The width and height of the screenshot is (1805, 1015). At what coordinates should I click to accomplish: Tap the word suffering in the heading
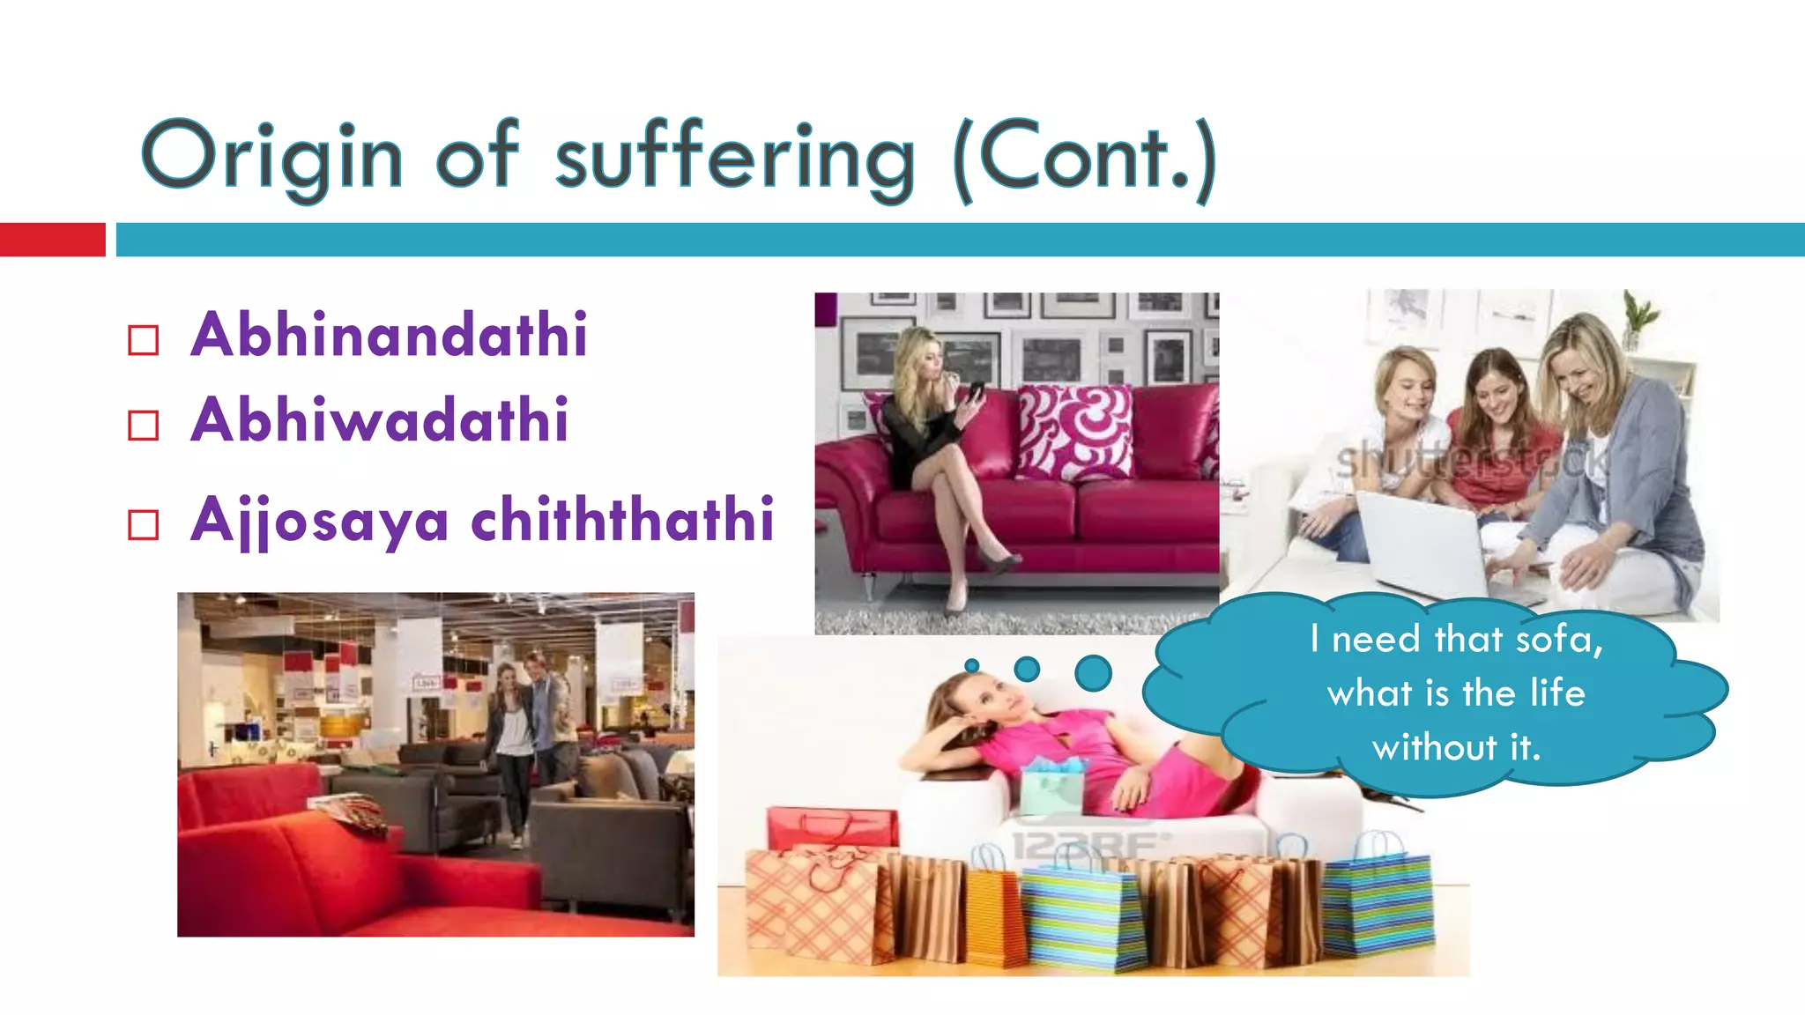tap(735, 159)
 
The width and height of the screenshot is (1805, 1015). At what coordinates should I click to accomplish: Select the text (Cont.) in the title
tap(1086, 159)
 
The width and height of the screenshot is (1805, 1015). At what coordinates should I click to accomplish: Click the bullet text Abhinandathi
tap(389, 336)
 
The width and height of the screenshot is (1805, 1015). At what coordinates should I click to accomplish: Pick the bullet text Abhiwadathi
tap(379, 420)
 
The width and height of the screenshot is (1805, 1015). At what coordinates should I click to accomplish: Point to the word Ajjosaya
tap(320, 521)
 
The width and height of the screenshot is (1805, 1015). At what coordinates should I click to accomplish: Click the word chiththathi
tap(622, 520)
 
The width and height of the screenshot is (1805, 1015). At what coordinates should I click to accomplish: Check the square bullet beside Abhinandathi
tap(143, 340)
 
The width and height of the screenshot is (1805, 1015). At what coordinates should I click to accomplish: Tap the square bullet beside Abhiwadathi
tap(143, 425)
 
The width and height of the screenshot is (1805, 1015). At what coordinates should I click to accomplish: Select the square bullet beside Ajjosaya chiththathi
tap(143, 525)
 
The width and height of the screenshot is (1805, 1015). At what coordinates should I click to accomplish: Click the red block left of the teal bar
tap(52, 240)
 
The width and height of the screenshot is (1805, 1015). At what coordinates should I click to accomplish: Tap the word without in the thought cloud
tap(1434, 748)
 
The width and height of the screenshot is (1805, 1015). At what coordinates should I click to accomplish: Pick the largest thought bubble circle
tap(1093, 673)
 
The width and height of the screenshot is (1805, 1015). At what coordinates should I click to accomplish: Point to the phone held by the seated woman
tap(977, 390)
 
